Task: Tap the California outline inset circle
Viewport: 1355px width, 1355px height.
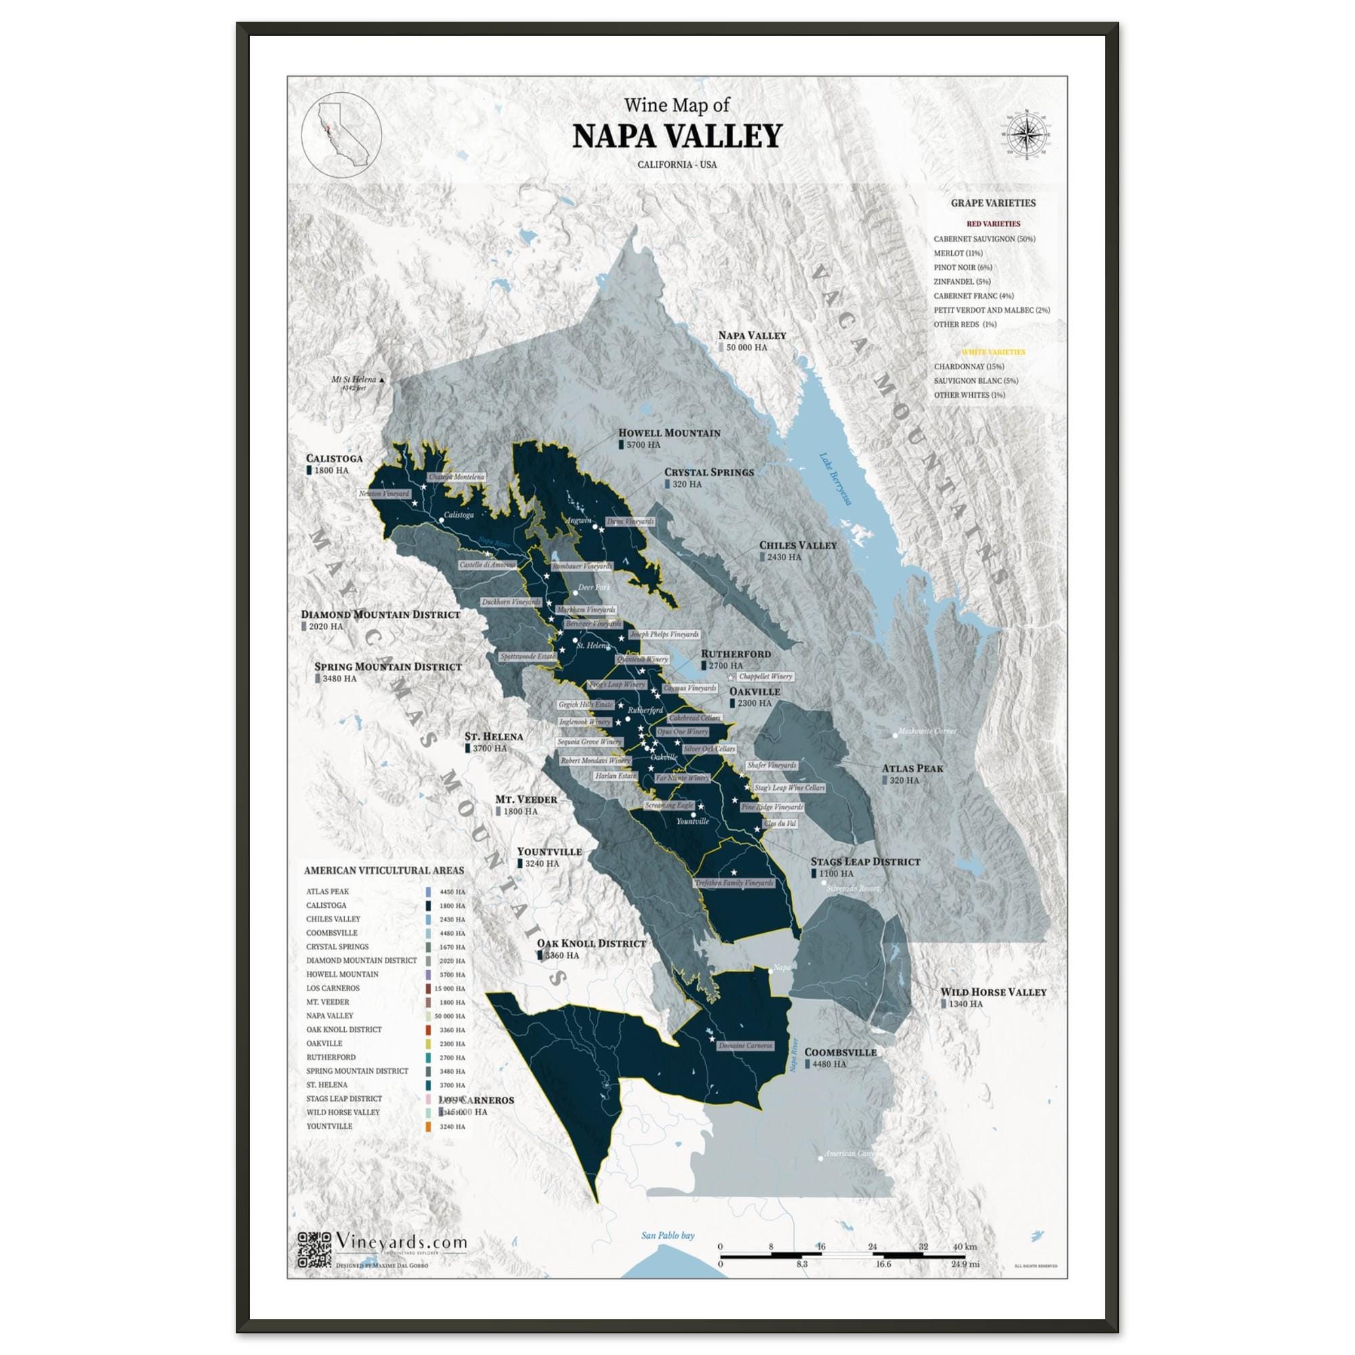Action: (341, 133)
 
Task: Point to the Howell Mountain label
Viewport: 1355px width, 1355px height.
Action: (669, 433)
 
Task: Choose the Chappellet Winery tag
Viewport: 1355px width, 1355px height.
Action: (764, 677)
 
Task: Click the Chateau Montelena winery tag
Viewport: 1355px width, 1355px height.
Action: (456, 477)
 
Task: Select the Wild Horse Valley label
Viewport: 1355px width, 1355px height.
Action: (993, 993)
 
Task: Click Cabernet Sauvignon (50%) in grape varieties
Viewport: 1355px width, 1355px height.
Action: (984, 239)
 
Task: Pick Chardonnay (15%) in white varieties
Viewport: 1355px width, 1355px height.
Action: (969, 367)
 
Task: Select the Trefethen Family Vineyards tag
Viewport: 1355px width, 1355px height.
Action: (734, 883)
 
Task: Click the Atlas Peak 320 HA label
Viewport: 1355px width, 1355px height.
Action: (912, 774)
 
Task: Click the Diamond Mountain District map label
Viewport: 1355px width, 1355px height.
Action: (380, 614)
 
